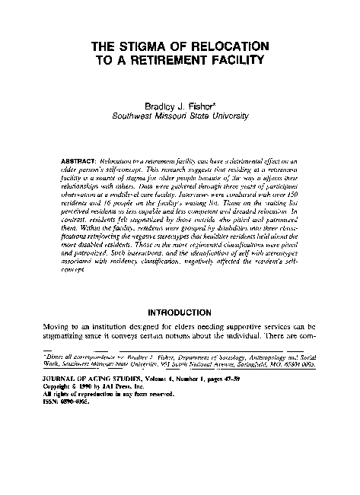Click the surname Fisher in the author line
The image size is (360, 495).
pyautogui.click(x=204, y=107)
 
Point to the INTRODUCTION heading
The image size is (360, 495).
pyautogui.click(x=179, y=312)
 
